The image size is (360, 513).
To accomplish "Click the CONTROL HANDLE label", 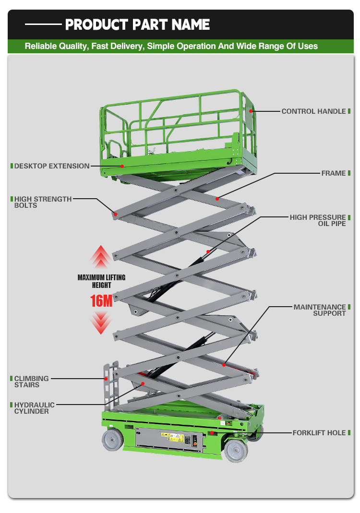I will click(313, 111).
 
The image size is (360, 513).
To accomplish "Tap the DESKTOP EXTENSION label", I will click(52, 166).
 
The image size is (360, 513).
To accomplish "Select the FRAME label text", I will click(334, 173).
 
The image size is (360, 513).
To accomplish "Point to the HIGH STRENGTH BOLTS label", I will click(43, 202).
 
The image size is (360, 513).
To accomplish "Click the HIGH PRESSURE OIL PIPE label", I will click(318, 221).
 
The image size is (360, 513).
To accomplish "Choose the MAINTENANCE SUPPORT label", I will click(320, 310).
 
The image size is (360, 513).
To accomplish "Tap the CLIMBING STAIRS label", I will click(31, 382).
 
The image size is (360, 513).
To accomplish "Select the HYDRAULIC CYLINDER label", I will click(34, 408).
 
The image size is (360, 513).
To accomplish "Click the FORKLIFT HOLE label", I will click(319, 433).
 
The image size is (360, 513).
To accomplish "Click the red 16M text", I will click(101, 301).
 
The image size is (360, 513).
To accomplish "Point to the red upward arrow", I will click(101, 257).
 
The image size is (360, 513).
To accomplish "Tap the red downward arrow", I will click(101, 322).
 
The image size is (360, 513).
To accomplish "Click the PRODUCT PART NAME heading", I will click(137, 24).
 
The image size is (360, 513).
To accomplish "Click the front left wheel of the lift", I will click(112, 440).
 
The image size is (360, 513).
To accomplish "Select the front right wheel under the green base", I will click(236, 451).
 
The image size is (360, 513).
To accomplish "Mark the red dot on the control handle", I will click(251, 111).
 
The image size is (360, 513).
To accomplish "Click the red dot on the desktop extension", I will click(122, 166).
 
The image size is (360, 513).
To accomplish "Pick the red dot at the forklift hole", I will click(212, 432).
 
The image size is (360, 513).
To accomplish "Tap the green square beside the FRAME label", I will click(349, 173).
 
